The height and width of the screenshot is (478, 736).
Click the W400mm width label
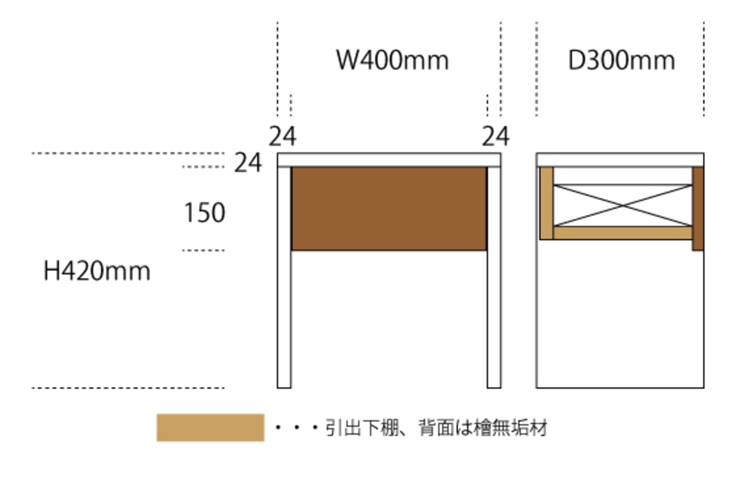tap(393, 60)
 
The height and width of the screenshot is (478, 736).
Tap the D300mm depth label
tap(622, 60)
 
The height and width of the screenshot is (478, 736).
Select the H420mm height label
tap(97, 271)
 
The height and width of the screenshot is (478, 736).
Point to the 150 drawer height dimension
tap(205, 212)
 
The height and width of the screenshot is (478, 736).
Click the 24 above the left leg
tap(282, 136)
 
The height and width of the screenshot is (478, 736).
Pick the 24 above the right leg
tap(496, 136)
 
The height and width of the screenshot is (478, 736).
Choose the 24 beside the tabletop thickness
tap(248, 162)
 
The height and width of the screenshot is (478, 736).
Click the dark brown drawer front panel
tap(389, 209)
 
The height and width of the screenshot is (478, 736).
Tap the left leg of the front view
tap(284, 278)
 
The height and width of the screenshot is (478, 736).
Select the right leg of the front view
tap(494, 278)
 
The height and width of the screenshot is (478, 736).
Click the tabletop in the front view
tap(389, 160)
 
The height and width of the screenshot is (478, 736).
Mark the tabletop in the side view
tap(620, 160)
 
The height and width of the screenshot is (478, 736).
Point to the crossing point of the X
tap(623, 205)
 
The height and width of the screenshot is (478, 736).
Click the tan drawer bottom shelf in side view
tap(623, 233)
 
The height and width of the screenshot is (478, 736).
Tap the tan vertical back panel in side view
tap(546, 204)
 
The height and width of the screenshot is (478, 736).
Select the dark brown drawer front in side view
tap(698, 209)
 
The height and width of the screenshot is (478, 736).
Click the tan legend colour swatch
tap(210, 428)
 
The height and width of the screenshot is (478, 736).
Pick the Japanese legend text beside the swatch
tap(436, 428)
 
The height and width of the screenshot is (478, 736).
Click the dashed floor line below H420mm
tap(128, 388)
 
